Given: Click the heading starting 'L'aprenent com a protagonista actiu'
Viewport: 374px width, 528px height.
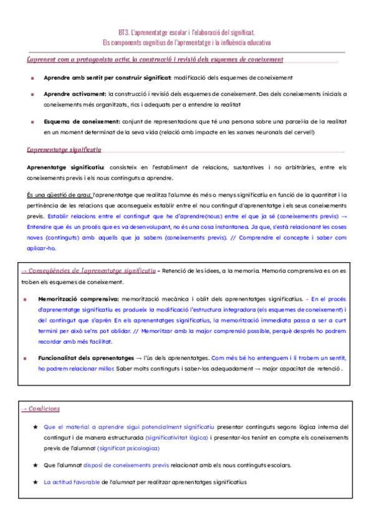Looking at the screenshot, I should coord(155,60).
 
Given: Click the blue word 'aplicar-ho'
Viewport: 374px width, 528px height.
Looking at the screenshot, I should coord(41,247).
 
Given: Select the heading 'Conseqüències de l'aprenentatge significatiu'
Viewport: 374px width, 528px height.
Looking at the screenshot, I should coord(92,271).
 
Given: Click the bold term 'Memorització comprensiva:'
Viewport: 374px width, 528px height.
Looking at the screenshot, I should coord(79,299).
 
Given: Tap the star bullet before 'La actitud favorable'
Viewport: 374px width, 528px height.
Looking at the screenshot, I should coord(35,481).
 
